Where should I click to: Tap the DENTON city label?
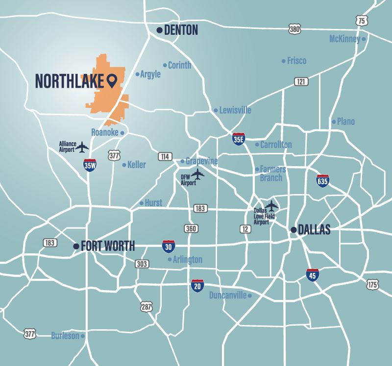click(x=181, y=30)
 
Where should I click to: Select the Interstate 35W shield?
click(x=90, y=165)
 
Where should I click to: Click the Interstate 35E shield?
click(x=239, y=139)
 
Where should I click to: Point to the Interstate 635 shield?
click(x=322, y=180)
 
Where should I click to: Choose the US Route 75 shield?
click(x=361, y=21)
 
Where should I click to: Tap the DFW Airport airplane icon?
click(x=198, y=174)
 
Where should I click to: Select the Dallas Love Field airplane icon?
click(x=271, y=205)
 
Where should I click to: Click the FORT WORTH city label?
click(x=108, y=246)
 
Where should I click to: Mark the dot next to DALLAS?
click(x=293, y=229)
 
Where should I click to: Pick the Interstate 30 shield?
click(x=169, y=246)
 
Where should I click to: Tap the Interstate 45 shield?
click(x=313, y=275)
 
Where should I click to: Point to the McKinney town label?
click(x=344, y=39)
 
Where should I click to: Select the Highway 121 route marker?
click(x=301, y=82)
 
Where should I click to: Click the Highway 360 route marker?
click(x=191, y=228)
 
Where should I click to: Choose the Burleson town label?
click(x=65, y=336)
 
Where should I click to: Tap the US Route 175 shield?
click(x=372, y=284)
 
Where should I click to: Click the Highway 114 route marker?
click(x=165, y=156)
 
